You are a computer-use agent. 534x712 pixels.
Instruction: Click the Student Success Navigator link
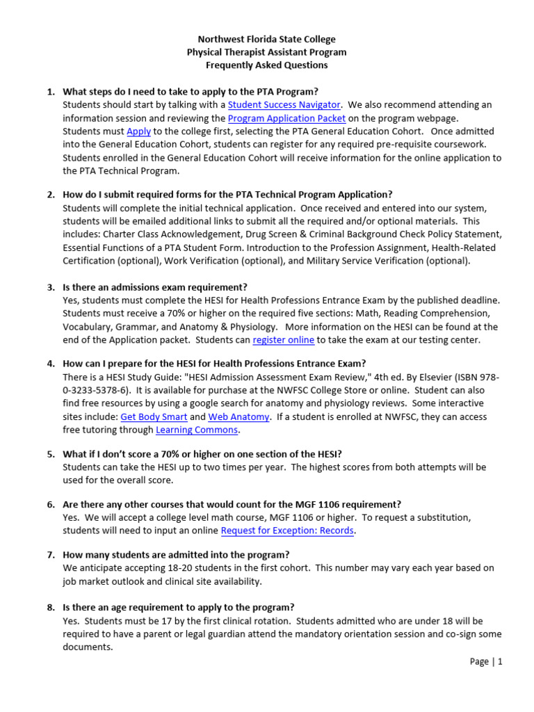pos(284,105)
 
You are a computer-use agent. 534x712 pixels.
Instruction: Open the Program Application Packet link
pos(286,118)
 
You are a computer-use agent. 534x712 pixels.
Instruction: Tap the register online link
pos(283,340)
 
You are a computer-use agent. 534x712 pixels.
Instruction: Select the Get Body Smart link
pos(154,416)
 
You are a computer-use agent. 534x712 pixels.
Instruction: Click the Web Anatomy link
pos(239,416)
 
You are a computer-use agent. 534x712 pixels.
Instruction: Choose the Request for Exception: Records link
pos(288,531)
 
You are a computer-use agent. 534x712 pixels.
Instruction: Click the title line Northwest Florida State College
pos(267,40)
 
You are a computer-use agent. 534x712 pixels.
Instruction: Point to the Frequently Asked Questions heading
pos(267,65)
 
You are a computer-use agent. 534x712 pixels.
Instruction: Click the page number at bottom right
pos(485,662)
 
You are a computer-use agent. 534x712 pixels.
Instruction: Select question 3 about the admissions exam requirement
pos(154,287)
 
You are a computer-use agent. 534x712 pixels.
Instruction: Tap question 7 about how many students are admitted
pos(176,555)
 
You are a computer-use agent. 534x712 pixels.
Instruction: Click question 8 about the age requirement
pos(178,607)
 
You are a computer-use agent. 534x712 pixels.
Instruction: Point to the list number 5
pos(51,454)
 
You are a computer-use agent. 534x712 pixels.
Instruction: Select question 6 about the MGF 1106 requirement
pos(232,504)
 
